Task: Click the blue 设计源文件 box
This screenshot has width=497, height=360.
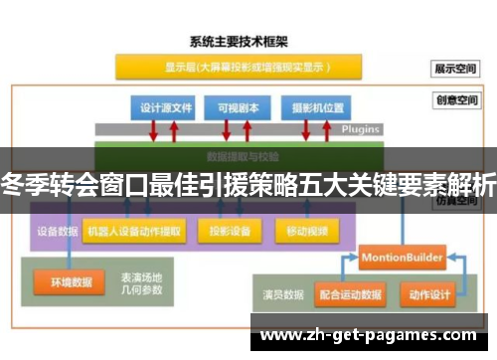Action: (163, 107)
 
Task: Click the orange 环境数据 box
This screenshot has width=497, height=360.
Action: (69, 281)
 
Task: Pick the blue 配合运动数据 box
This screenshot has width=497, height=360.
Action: (351, 295)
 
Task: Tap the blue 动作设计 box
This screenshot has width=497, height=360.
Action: (429, 295)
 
